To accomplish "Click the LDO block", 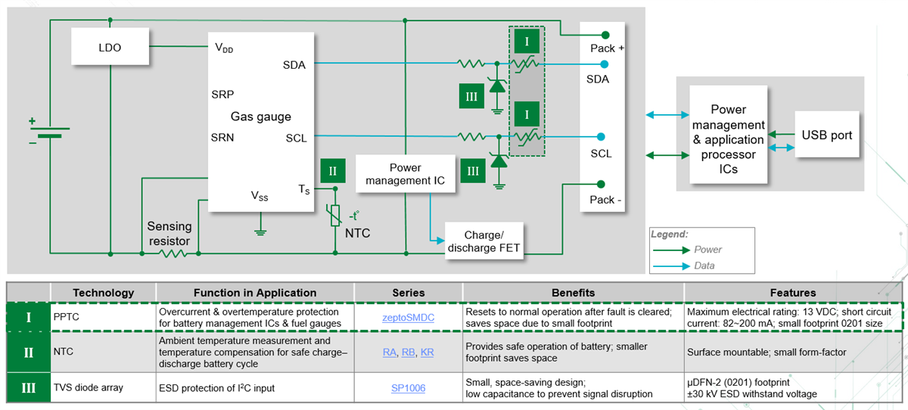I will tap(110, 47).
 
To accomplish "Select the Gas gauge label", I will tap(260, 116).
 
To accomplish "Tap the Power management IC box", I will tap(405, 174).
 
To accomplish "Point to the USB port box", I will tap(827, 135).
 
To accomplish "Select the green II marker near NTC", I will tap(332, 171).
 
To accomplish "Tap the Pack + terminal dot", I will tap(605, 35).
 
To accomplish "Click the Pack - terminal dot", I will tap(601, 184).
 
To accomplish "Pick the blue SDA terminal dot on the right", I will tap(601, 64).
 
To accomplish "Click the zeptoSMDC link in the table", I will tap(408, 318).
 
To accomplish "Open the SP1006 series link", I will tap(408, 387).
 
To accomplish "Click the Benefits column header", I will tap(573, 293).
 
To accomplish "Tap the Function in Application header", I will tap(254, 293).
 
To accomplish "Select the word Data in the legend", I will tap(704, 266).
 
